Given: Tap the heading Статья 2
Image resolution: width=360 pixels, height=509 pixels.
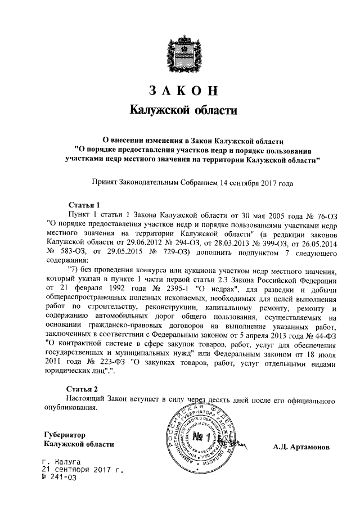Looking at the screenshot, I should coord(83,389).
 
